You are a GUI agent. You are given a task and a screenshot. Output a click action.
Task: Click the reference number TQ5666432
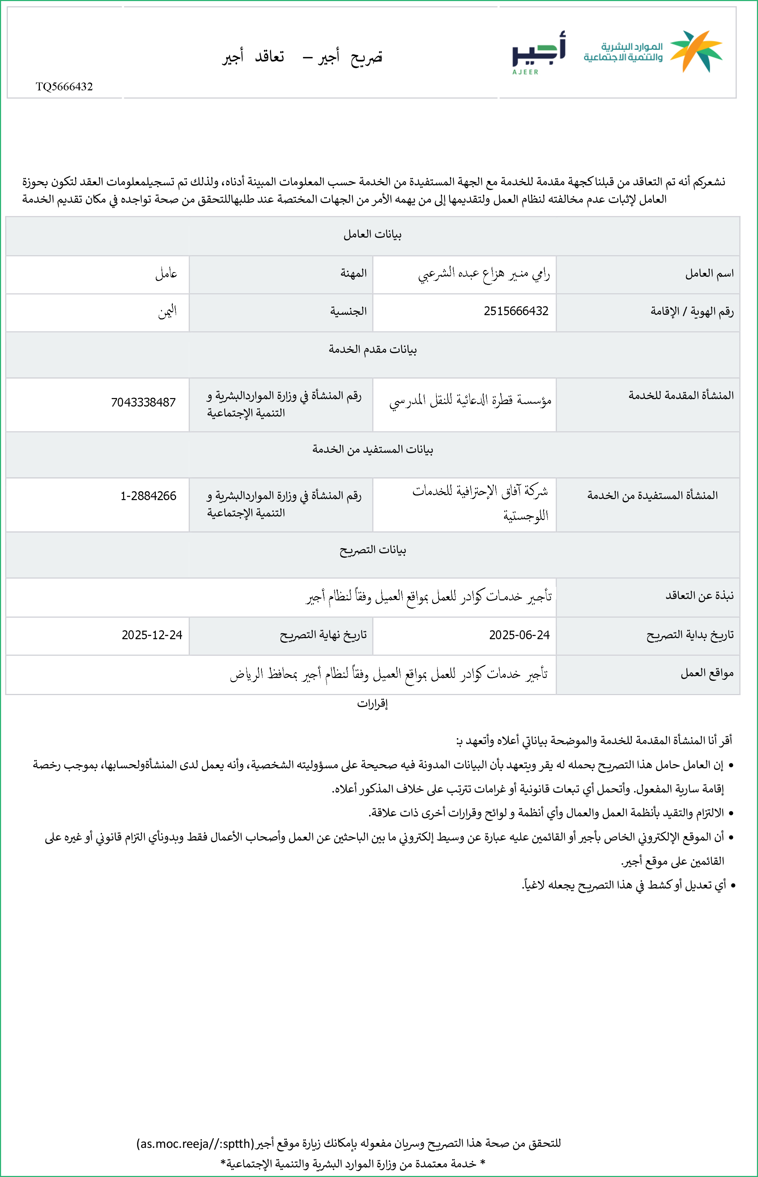[x=64, y=86]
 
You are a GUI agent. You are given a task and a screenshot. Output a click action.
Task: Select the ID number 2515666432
[x=516, y=311]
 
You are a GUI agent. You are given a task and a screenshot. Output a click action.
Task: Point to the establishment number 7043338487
[x=143, y=403]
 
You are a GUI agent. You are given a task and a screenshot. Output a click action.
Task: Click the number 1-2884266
[x=148, y=496]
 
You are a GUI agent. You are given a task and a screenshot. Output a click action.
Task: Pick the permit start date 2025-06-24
[x=519, y=635]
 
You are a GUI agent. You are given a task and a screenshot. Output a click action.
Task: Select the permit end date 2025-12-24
[x=152, y=635]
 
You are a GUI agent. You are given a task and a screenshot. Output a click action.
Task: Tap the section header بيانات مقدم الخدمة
[x=373, y=349]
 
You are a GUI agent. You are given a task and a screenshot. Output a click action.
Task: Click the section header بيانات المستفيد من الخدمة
[x=373, y=449]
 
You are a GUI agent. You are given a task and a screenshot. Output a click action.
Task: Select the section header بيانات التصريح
[x=373, y=550]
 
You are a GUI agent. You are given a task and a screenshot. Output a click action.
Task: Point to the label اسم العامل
[x=709, y=274]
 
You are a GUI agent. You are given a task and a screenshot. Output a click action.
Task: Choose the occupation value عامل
[x=166, y=274]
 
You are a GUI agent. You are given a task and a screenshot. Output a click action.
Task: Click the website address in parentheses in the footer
[x=195, y=1144]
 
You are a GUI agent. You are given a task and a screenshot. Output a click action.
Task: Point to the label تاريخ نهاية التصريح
[x=323, y=635]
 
